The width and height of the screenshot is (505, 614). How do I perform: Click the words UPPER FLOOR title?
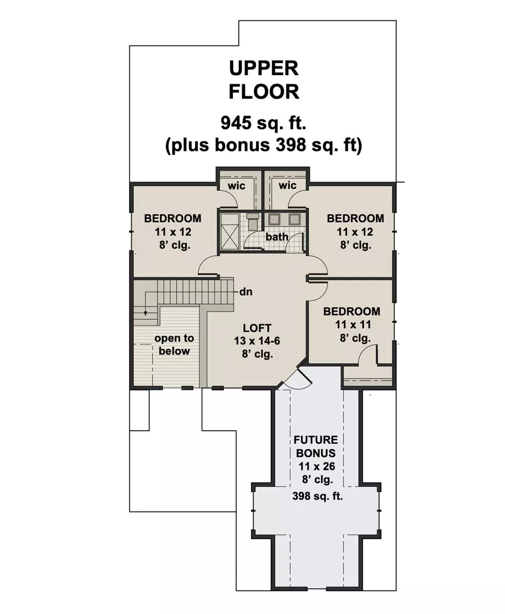[x=264, y=80]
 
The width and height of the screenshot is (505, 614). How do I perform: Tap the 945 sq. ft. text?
[x=263, y=123]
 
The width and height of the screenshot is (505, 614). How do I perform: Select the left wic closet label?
[x=236, y=186]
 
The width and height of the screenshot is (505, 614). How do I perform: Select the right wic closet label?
[x=287, y=185]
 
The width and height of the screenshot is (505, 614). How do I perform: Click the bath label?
[x=277, y=237]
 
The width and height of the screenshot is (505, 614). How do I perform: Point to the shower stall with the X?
[x=230, y=232]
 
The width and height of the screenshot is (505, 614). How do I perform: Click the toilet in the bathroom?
[x=252, y=220]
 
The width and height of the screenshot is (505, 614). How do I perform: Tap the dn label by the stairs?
[x=246, y=292]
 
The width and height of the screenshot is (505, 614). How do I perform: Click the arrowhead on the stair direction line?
[x=145, y=314]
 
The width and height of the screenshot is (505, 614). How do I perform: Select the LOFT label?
[x=257, y=328]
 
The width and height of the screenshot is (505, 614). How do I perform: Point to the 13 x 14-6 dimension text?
[x=257, y=341]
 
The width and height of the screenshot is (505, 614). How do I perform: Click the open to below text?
[x=174, y=345]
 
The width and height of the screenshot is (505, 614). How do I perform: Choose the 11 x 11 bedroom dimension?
[x=353, y=324]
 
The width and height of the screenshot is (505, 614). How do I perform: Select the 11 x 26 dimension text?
[x=317, y=467]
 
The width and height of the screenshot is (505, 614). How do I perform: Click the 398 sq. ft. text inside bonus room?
[x=318, y=496]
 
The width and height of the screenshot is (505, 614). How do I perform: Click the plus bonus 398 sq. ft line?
[x=264, y=145]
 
